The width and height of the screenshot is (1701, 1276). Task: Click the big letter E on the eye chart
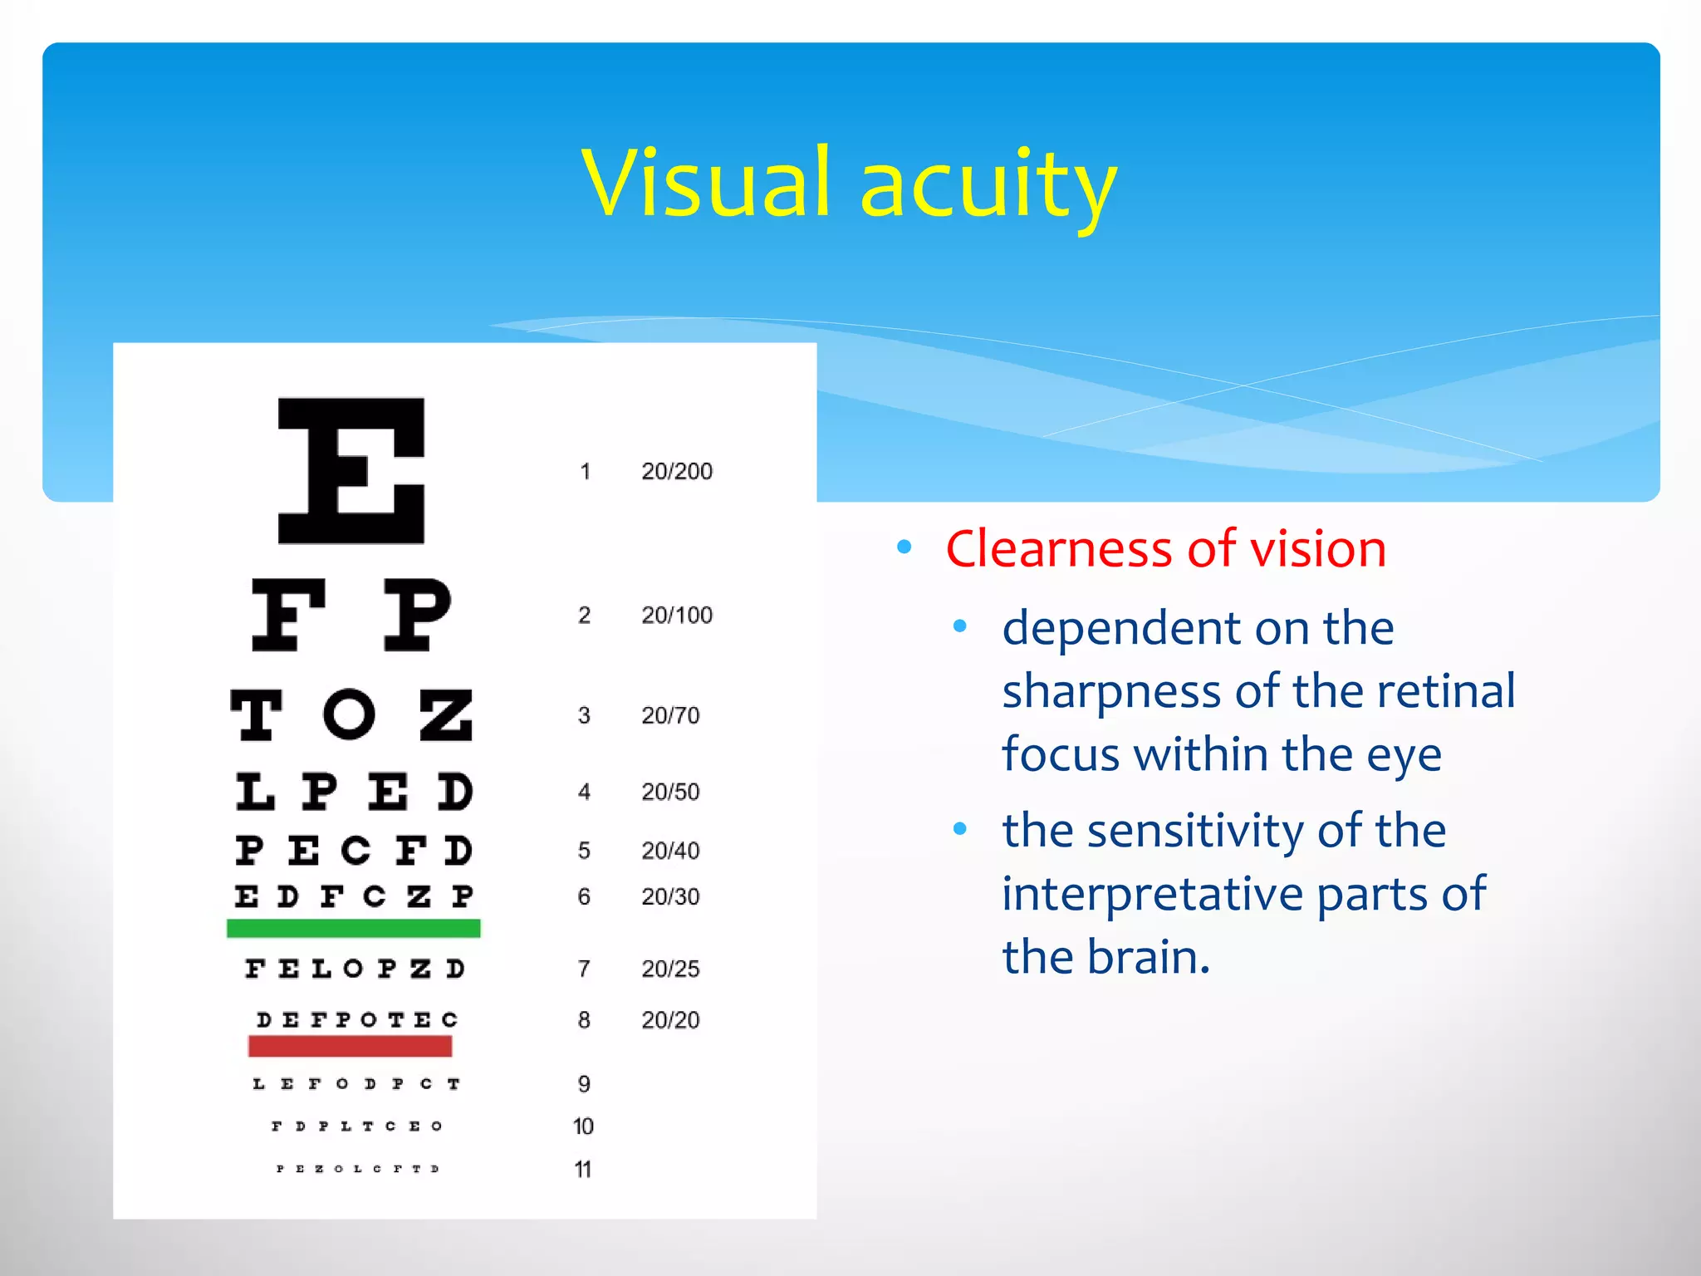(x=351, y=471)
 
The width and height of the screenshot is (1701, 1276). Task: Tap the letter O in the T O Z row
(x=350, y=714)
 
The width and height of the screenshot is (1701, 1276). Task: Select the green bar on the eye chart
(x=353, y=928)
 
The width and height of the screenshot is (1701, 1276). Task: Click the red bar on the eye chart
(x=350, y=1046)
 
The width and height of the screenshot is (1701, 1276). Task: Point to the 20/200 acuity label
(x=676, y=471)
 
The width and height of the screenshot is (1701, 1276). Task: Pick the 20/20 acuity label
(x=670, y=1019)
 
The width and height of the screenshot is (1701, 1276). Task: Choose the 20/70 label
(x=670, y=715)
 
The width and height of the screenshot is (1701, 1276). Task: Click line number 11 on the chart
(x=583, y=1170)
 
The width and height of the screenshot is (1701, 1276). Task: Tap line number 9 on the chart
(x=584, y=1083)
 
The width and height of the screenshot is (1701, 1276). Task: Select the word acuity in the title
(x=988, y=187)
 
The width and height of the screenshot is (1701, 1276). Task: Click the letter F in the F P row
(x=288, y=615)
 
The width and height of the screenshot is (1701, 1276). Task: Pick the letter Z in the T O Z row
(x=446, y=714)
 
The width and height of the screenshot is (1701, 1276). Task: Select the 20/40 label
(x=670, y=851)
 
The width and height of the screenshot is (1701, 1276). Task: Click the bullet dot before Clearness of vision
(x=904, y=547)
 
